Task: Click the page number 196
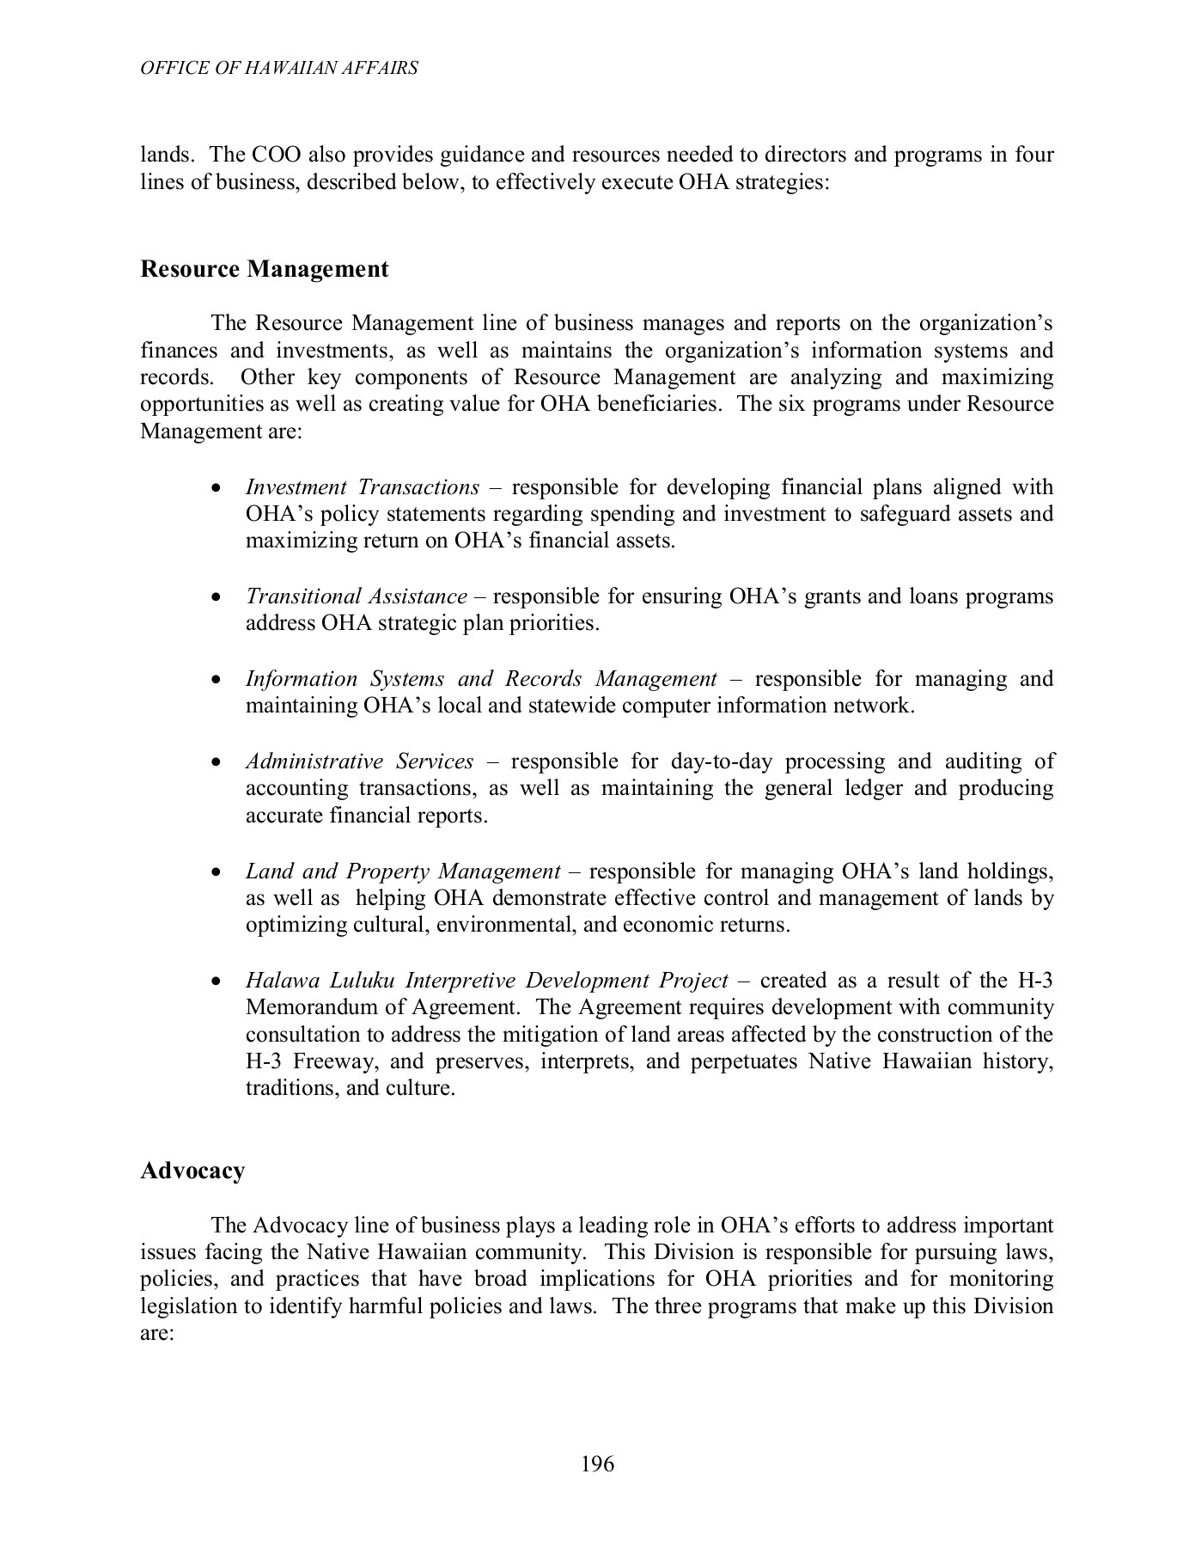(x=597, y=1464)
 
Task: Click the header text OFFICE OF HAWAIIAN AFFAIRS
(x=279, y=68)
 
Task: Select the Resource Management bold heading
(x=264, y=269)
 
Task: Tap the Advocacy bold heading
(x=192, y=1171)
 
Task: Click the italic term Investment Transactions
(x=362, y=487)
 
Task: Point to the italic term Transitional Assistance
(x=356, y=596)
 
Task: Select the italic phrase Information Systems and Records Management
(x=480, y=679)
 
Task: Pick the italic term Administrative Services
(x=359, y=761)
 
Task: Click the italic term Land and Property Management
(x=402, y=871)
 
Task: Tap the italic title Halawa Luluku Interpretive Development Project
(x=486, y=981)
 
